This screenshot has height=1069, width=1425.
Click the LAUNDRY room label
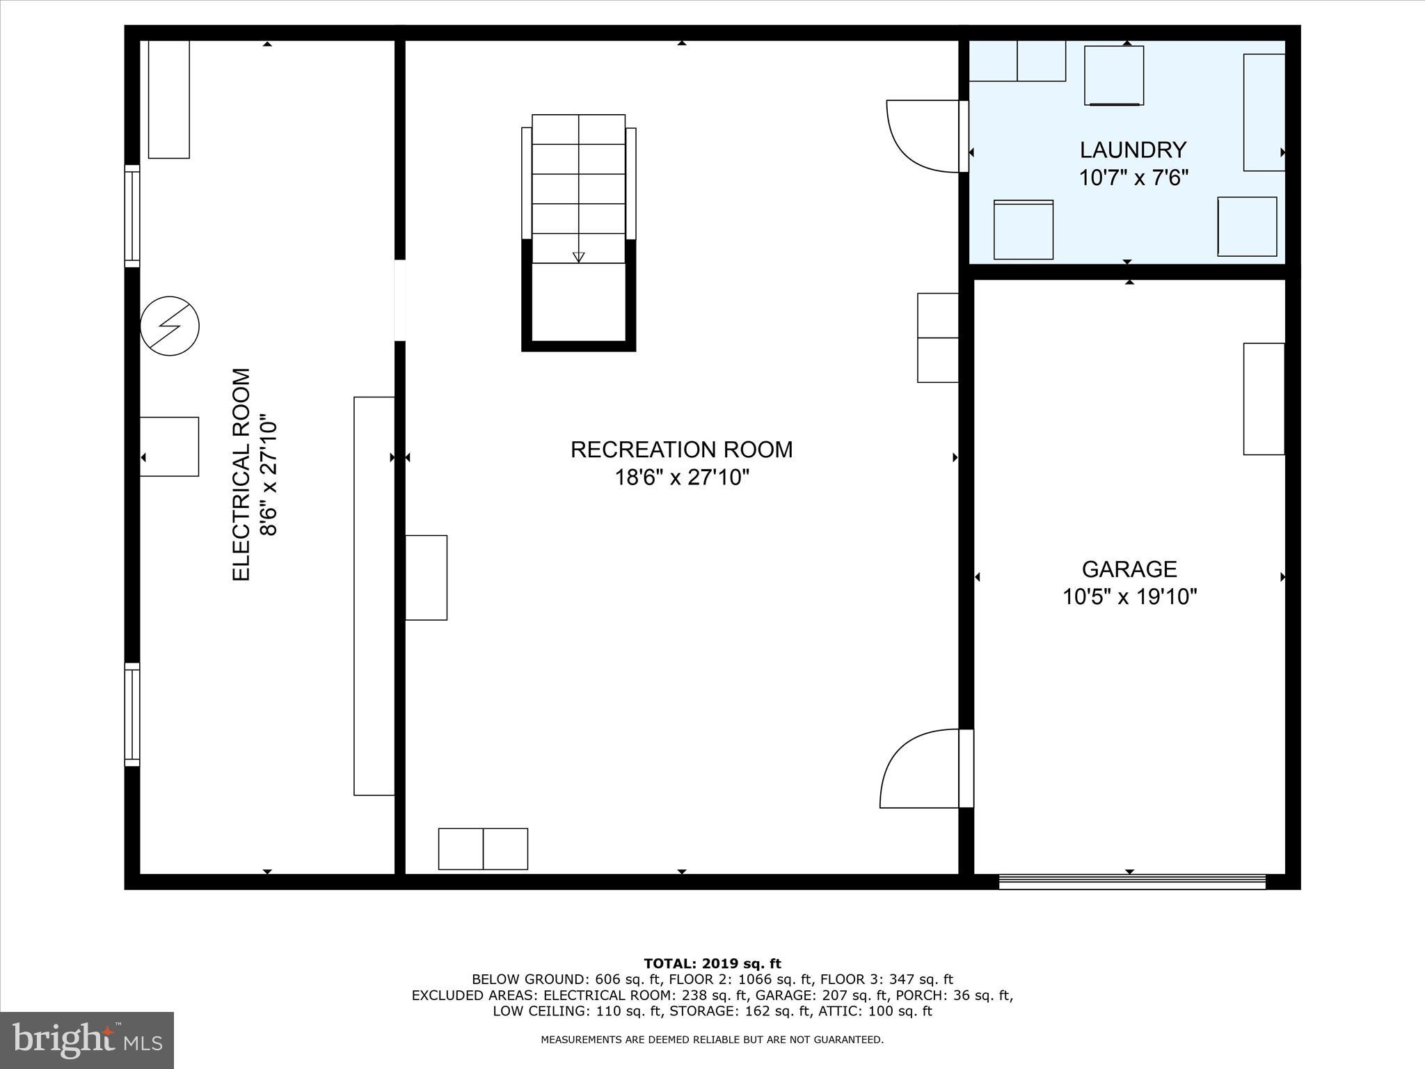coord(1132,150)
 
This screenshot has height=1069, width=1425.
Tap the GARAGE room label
coord(1129,569)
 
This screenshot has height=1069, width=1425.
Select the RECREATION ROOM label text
coord(681,450)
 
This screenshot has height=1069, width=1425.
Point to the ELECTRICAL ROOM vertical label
coord(241,474)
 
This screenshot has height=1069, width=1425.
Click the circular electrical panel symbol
coord(170,326)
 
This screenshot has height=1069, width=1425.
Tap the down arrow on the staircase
coord(578,257)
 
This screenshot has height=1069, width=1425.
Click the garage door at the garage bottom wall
coord(1131,882)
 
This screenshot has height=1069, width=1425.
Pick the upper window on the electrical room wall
coord(132,216)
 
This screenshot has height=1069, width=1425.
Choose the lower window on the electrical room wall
coord(132,714)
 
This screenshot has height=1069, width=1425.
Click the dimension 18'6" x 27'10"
coord(681,478)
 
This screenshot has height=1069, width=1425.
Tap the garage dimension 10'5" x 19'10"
coord(1129,597)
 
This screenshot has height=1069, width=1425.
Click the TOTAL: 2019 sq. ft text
coord(712,964)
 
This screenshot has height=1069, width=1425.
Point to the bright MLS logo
coord(87,1040)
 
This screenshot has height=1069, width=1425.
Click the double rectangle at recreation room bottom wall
coord(483,848)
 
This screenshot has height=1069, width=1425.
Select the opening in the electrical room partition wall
coord(400,300)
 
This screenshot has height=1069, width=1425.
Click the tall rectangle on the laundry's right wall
coord(1264,112)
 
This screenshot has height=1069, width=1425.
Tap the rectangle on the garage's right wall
coord(1264,399)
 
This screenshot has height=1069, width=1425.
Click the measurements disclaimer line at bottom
coord(712,1040)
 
